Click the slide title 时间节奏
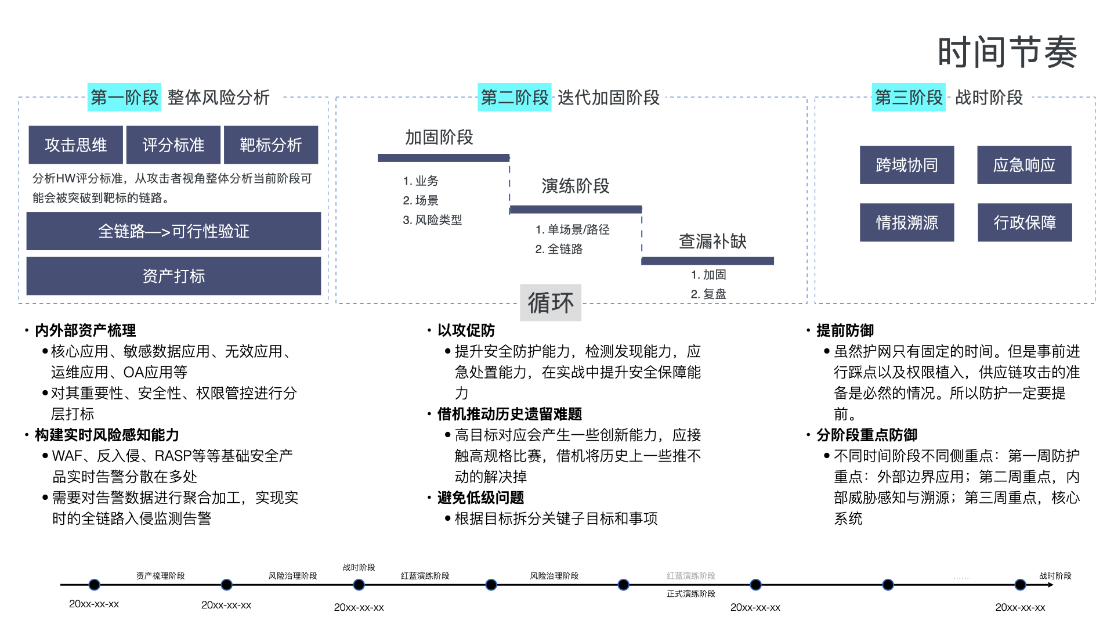pos(1007,52)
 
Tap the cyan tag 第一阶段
pos(124,97)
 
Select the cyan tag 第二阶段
pos(515,97)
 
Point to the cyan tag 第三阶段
pos(909,97)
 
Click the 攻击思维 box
pos(76,145)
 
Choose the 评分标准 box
pos(173,145)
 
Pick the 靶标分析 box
pos(271,145)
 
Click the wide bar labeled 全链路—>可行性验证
pos(173,231)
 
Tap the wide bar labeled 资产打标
pos(173,276)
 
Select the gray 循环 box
pos(551,302)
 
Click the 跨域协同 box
pos(907,165)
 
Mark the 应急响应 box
pos(1024,165)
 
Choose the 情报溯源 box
pos(907,222)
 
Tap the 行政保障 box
pos(1025,222)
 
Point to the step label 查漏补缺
pos(712,241)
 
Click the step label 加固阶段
pos(439,137)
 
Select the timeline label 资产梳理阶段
pos(161,575)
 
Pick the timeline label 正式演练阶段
pos(691,593)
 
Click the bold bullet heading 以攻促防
pos(466,330)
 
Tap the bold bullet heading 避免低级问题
pos(480,498)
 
